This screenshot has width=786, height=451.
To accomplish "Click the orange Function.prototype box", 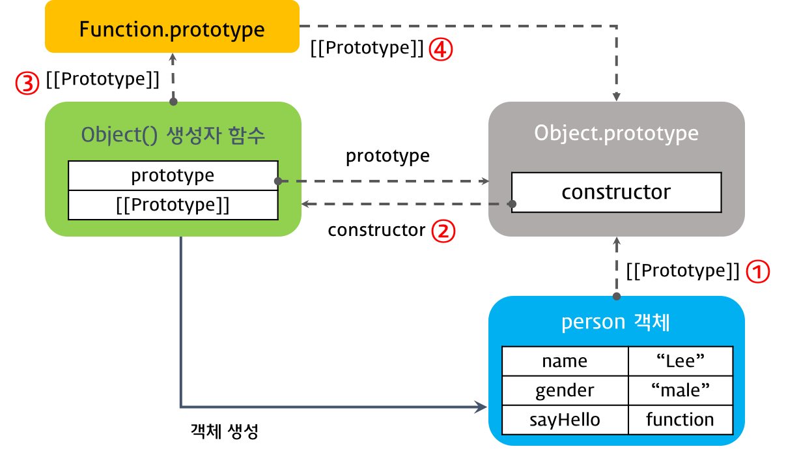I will pyautogui.click(x=172, y=29).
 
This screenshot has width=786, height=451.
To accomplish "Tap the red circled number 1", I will pyautogui.click(x=757, y=272).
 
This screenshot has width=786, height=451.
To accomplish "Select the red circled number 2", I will pyautogui.click(x=443, y=231).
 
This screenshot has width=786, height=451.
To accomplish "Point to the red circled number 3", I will pyautogui.click(x=27, y=83).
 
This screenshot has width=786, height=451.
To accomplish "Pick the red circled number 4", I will pyautogui.click(x=440, y=50).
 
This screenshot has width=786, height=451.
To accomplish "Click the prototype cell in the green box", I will pyautogui.click(x=173, y=176).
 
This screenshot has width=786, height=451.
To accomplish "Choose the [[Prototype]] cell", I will pyautogui.click(x=173, y=205).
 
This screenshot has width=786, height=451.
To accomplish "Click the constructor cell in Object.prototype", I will pyautogui.click(x=616, y=192).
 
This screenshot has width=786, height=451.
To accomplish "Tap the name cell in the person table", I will pyautogui.click(x=565, y=361).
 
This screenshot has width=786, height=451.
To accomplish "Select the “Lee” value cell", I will pyautogui.click(x=681, y=361).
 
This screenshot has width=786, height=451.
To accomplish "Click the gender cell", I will pyautogui.click(x=565, y=390).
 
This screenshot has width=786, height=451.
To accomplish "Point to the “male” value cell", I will pyautogui.click(x=681, y=390).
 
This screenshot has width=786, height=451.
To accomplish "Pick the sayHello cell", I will pyautogui.click(x=565, y=420).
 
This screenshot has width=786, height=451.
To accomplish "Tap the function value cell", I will pyautogui.click(x=681, y=420).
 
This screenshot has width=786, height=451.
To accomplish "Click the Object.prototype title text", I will pyautogui.click(x=616, y=133).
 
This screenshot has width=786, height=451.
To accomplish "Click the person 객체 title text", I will pyautogui.click(x=616, y=323).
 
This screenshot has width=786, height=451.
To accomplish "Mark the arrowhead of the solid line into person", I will pyautogui.click(x=482, y=407).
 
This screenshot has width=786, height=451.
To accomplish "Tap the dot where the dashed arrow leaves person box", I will pyautogui.click(x=617, y=297).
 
